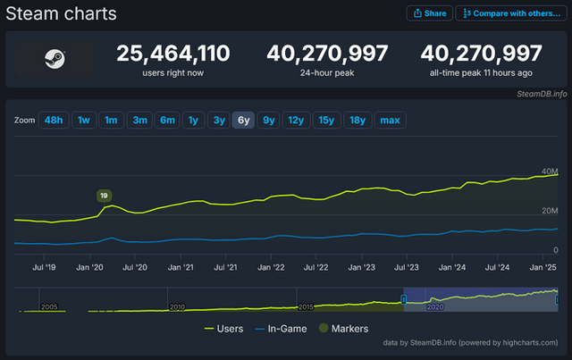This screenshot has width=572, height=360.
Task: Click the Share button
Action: [428, 13]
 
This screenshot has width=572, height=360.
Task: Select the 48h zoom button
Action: [53, 120]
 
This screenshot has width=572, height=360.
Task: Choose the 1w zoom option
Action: [83, 120]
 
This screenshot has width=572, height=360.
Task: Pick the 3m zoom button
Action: [139, 120]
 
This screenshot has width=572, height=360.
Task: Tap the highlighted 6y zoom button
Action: [243, 120]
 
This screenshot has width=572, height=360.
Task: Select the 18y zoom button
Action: [357, 120]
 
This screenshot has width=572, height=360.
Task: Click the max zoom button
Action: [389, 120]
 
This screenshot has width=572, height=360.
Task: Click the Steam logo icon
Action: [54, 60]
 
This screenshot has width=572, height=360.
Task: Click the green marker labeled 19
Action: [105, 195]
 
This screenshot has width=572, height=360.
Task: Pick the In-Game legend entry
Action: [281, 329]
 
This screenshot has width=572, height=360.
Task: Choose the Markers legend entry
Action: [343, 329]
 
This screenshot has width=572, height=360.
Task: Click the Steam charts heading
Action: [62, 14]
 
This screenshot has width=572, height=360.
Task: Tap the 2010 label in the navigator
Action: [177, 306]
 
